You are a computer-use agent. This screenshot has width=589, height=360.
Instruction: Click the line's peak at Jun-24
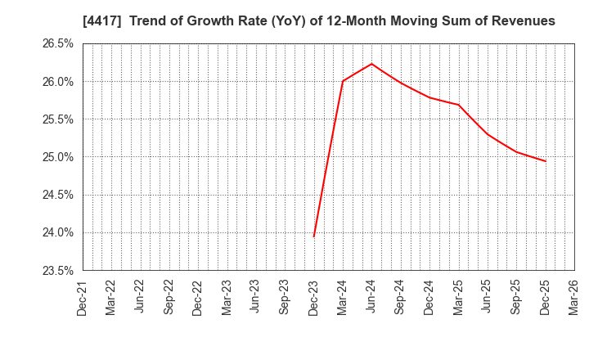point(371,64)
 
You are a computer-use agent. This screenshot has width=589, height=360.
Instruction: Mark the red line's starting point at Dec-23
point(314,237)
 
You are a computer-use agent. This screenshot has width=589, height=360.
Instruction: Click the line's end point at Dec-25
point(545,161)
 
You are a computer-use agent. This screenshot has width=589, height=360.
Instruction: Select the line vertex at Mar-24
point(343,81)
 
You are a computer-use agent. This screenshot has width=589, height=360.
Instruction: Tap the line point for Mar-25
point(458,105)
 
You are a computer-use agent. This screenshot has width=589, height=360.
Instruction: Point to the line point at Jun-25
point(488,134)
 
